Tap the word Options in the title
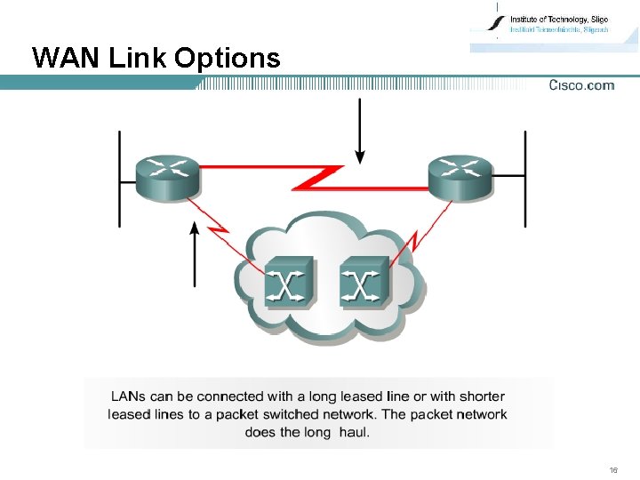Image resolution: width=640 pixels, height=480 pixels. (x=228, y=60)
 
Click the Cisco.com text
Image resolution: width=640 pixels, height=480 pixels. (x=581, y=85)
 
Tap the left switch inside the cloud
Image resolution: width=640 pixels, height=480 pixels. (x=288, y=282)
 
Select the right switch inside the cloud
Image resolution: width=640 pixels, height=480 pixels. (x=363, y=282)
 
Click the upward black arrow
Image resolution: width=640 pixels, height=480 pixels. (x=196, y=255)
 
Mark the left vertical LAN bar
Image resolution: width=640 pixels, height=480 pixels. (x=120, y=178)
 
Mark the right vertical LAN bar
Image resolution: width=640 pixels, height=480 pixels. (x=524, y=178)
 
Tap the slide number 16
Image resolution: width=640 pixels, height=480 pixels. (x=613, y=468)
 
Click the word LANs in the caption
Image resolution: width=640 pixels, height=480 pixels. (x=130, y=396)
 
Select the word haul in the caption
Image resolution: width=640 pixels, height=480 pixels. (x=352, y=432)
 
